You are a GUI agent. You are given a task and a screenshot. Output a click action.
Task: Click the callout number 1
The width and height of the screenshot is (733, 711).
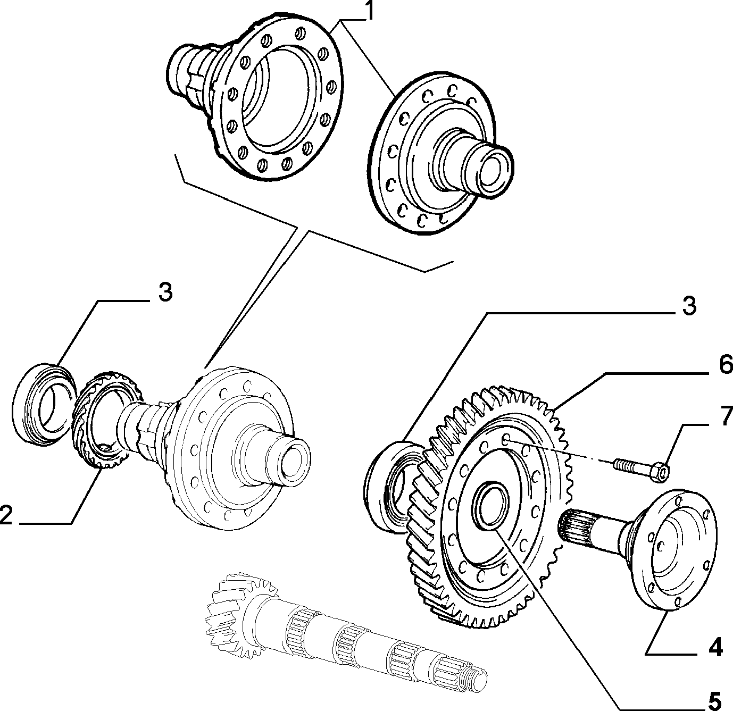point(370,11)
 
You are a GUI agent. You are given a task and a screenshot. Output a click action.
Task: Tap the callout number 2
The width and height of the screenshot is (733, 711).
point(6,515)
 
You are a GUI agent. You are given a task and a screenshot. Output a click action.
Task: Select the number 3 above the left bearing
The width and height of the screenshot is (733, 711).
point(165,292)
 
